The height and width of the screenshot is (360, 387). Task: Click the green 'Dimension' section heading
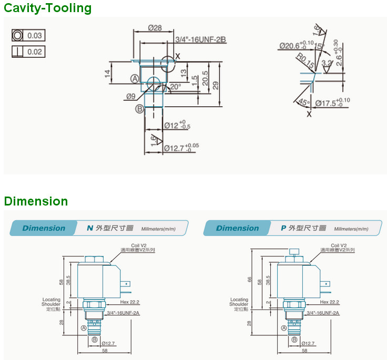coord(36,201)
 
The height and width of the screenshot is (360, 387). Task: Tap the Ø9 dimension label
coord(131,96)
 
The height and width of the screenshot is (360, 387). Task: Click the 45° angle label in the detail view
coord(304,102)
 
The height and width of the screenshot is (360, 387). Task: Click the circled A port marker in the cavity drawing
coord(135,78)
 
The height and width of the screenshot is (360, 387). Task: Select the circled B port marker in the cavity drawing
coord(139,109)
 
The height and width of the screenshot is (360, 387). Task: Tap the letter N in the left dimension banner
coord(89,228)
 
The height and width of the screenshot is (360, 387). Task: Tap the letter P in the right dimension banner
coord(283,228)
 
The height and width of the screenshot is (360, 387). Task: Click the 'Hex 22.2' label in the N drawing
coord(129,302)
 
